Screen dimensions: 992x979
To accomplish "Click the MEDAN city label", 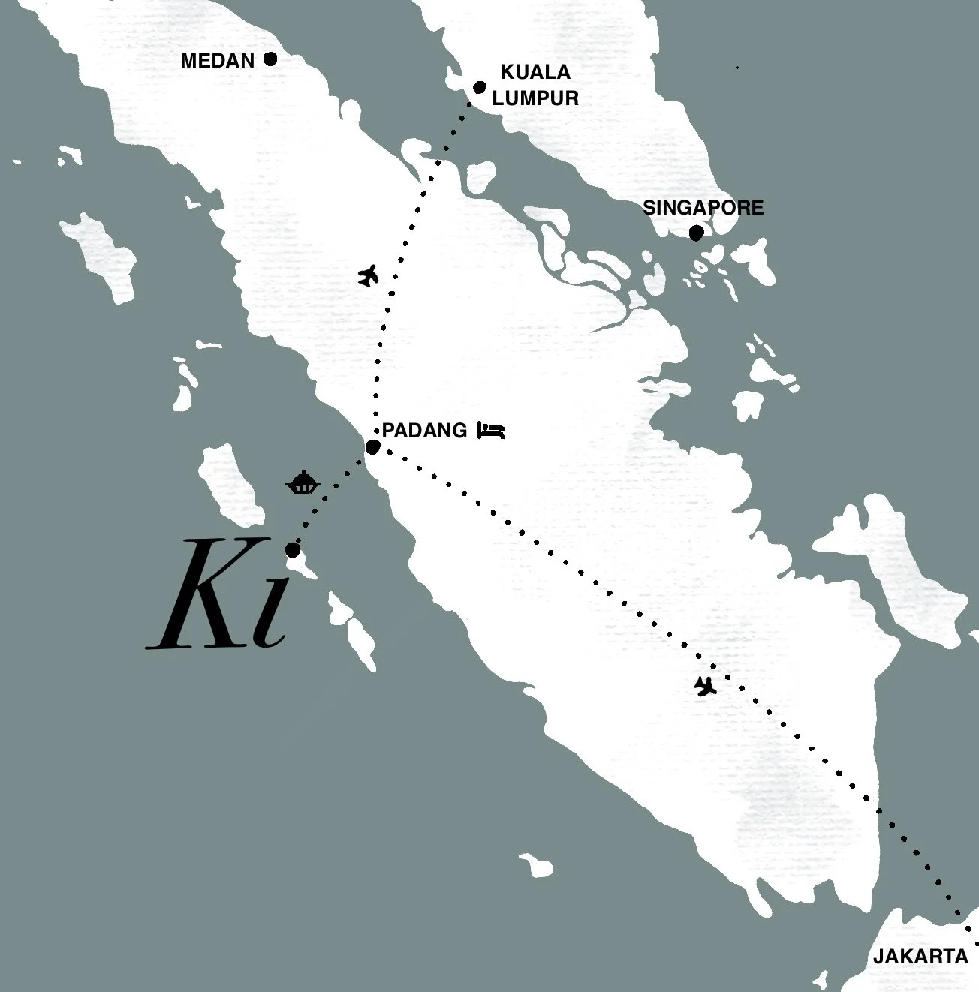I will (x=218, y=61).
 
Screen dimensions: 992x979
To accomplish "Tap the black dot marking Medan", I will (x=270, y=59).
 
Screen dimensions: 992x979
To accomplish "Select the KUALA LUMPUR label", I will (x=539, y=85).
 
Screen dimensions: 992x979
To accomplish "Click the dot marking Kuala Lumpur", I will (x=480, y=87).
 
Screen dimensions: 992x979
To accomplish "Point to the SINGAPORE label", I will (x=703, y=208).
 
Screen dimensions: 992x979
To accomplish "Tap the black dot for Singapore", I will (x=697, y=233).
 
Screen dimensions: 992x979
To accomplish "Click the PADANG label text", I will (x=424, y=431).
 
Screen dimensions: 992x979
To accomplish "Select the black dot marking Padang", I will (x=372, y=448).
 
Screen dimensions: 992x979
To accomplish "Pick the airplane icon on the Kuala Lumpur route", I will (x=368, y=275).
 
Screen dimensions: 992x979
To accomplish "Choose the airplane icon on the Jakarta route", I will (x=704, y=685).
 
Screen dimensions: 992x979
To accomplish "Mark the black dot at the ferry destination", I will (x=294, y=550).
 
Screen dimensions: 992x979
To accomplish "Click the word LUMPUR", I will (x=541, y=98).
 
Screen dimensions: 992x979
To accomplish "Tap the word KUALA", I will (x=535, y=73).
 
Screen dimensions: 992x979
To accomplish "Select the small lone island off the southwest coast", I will (x=535, y=864).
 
